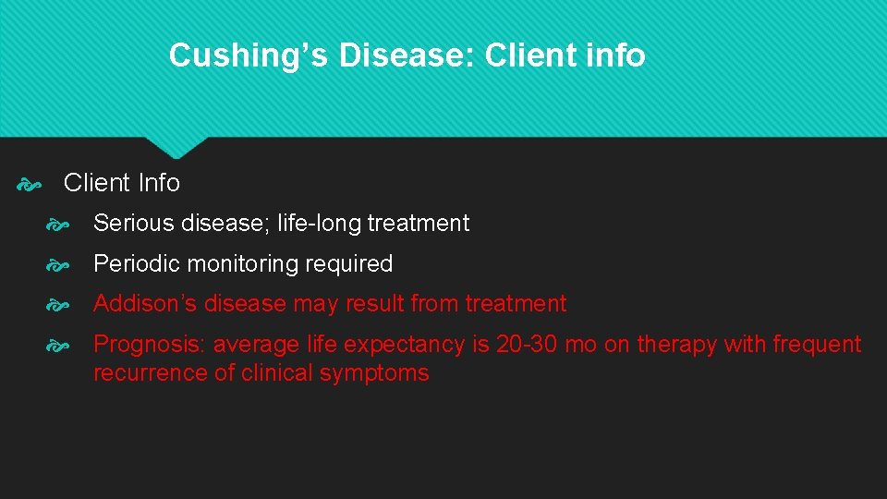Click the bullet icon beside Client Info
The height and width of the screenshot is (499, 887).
[x=29, y=184]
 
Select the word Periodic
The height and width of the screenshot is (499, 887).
[x=135, y=264]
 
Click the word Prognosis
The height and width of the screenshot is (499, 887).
[x=150, y=345]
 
